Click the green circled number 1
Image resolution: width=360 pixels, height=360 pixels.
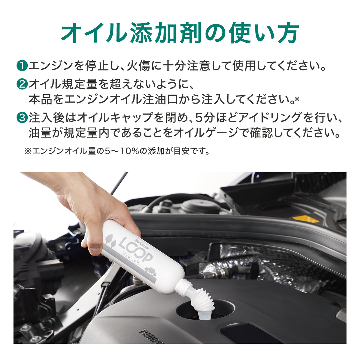tap(22, 65)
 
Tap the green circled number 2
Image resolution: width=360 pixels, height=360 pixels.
tap(22, 84)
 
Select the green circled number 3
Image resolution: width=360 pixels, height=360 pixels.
tap(22, 118)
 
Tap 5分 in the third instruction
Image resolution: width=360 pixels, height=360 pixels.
tap(204, 118)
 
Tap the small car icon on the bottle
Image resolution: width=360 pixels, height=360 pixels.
tap(151, 271)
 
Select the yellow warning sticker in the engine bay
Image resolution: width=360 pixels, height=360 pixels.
tap(306, 219)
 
